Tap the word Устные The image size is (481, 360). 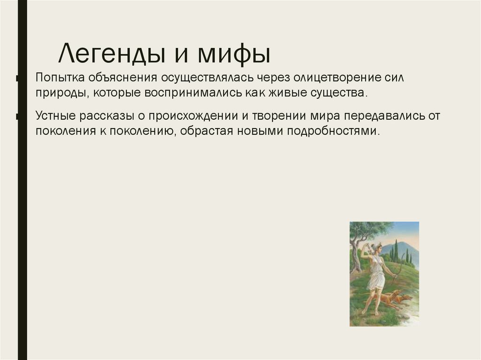[x=55, y=115]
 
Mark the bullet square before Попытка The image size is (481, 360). [x=17, y=78]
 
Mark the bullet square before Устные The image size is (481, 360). [x=17, y=115]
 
